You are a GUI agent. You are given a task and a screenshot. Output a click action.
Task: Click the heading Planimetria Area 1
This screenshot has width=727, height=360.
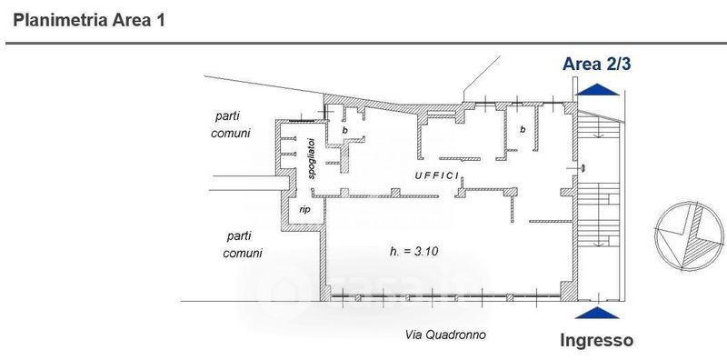[x=88, y=20]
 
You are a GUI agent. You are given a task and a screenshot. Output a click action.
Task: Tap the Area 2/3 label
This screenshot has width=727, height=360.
[x=596, y=64]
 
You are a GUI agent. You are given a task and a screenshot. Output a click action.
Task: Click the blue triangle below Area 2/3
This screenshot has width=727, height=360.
[x=597, y=89]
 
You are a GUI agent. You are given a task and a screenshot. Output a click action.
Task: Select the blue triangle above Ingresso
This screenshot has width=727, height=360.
[x=597, y=313]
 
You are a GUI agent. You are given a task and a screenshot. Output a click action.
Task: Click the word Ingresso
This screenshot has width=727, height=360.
[x=597, y=341]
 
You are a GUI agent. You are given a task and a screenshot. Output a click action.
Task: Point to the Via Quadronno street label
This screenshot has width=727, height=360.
[x=445, y=335]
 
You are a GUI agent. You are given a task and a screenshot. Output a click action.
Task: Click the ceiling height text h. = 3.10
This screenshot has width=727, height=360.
[x=414, y=252]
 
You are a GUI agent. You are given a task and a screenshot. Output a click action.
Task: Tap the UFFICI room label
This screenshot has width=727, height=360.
[x=437, y=175]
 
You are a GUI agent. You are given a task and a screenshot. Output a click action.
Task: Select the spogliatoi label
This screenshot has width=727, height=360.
[x=312, y=158]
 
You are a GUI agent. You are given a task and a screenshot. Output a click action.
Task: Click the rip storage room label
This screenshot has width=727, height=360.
[x=304, y=210]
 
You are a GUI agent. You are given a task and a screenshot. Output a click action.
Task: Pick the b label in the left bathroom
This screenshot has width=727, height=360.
[x=345, y=130]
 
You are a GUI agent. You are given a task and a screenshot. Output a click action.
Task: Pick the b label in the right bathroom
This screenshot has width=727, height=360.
[x=523, y=129]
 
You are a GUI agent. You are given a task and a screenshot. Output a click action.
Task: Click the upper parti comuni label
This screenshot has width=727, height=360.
[x=231, y=125]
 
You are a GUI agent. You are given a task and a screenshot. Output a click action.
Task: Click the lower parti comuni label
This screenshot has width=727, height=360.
[x=243, y=245]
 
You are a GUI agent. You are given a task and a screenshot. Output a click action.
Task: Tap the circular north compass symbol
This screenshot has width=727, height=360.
[x=689, y=236]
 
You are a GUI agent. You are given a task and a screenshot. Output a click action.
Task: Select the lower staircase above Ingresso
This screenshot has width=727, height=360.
[x=599, y=215]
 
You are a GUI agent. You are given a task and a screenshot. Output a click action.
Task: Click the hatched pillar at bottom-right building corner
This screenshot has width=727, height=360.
[x=569, y=292]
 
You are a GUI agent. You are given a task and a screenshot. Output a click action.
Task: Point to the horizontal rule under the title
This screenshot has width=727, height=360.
[x=366, y=44]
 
